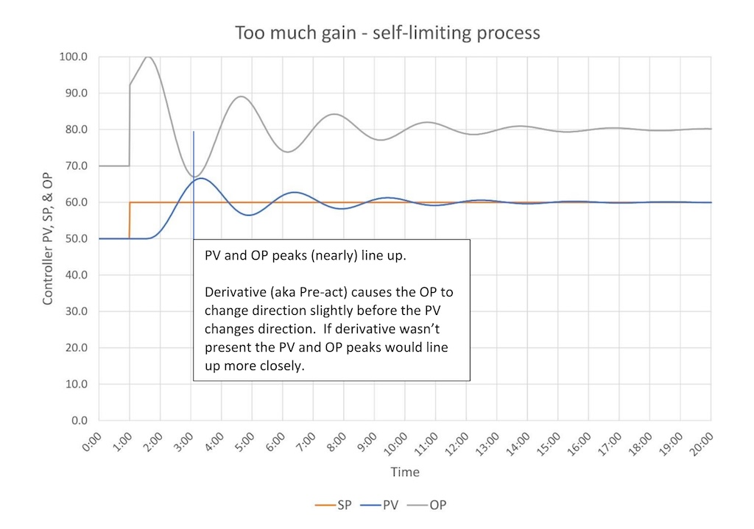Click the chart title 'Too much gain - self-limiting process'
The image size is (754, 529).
(x=387, y=34)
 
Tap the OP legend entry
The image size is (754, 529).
(x=438, y=505)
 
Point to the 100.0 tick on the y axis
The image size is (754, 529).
(x=74, y=57)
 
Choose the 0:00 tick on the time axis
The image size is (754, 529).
(x=91, y=444)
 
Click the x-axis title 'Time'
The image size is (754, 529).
(x=405, y=472)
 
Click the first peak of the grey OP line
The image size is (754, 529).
(x=148, y=57)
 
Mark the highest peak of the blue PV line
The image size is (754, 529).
(x=201, y=178)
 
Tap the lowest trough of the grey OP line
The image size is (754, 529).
(x=194, y=177)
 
